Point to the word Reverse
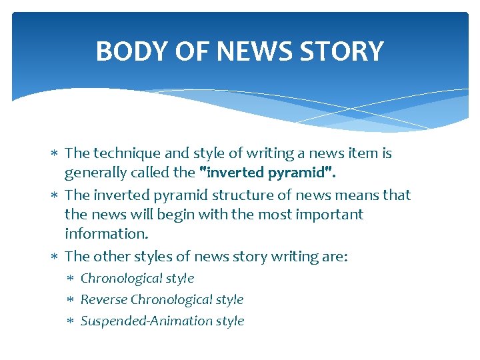coord(104,300)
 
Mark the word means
coord(375,195)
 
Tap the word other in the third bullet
coord(113,257)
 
